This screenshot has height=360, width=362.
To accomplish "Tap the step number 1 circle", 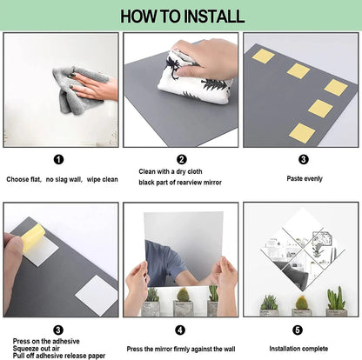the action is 58,159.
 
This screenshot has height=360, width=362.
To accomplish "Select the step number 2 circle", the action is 182,159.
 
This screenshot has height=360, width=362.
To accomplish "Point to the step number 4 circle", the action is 180,330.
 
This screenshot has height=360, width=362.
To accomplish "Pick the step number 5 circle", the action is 298,330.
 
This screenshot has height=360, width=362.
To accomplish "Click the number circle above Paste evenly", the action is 304,159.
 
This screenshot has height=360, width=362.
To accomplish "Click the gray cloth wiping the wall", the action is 79,89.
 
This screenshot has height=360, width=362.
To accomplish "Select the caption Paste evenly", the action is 305,178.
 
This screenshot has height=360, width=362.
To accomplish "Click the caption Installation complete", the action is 298,349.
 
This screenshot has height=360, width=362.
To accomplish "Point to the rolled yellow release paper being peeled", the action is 32,237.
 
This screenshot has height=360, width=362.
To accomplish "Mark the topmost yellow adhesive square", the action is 263,56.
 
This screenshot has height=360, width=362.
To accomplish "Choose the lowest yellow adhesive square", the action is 302,133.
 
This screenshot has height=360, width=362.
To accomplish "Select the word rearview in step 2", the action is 190,183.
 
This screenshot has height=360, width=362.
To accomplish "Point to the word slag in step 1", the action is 61,180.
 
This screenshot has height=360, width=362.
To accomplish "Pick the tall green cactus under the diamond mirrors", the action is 336,298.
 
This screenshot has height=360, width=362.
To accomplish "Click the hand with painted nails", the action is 94,86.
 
